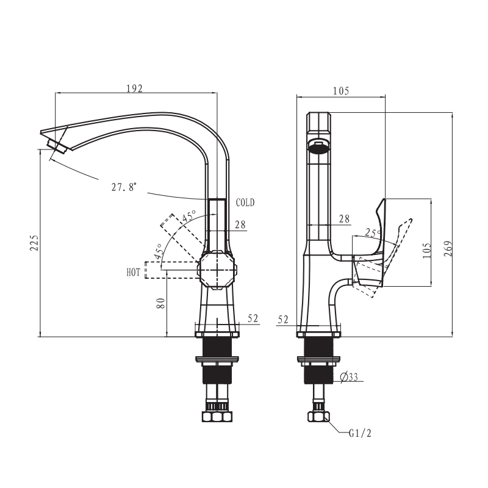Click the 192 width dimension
tap(134, 88)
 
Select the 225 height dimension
tap(35, 243)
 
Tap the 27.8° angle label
tap(124, 187)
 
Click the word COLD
tap(245, 203)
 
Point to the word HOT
tap(133, 273)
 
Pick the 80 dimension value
tap(160, 303)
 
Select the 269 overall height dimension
tap(448, 248)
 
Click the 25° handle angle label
tap(373, 232)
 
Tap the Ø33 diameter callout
tap(349, 377)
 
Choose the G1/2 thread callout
tap(360, 433)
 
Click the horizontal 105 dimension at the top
tap(341, 91)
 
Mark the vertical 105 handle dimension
tap(427, 251)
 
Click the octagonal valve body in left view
tap(218, 270)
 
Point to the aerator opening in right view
tap(318, 146)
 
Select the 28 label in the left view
tap(240, 224)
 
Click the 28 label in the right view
tap(344, 219)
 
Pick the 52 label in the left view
tap(253, 318)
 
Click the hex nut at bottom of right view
tap(318, 417)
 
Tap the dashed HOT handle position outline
tap(171, 270)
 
